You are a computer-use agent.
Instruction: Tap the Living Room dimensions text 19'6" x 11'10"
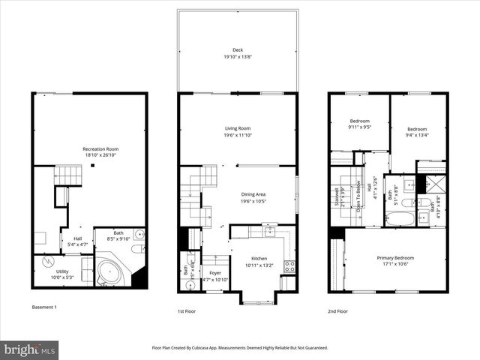(x=238, y=134)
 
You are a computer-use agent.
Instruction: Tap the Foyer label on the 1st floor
(x=215, y=273)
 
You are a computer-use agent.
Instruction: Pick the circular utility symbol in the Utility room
(x=49, y=263)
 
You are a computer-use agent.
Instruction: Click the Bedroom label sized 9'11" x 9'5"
(x=359, y=121)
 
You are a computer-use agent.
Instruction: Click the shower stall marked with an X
(x=431, y=184)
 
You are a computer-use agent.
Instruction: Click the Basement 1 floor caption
(x=44, y=307)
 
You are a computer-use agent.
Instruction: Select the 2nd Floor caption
(x=337, y=310)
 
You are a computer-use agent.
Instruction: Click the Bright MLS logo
(x=29, y=349)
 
